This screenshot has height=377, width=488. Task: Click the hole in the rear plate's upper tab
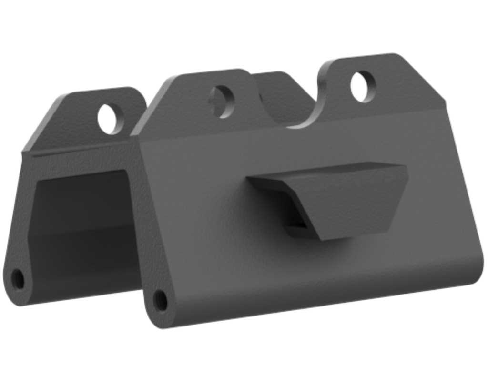pos(110,118)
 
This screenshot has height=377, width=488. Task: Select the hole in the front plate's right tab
pos(363,86)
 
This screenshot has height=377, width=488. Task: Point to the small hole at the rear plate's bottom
pos(18,278)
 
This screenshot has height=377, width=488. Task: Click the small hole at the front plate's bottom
pos(161,300)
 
